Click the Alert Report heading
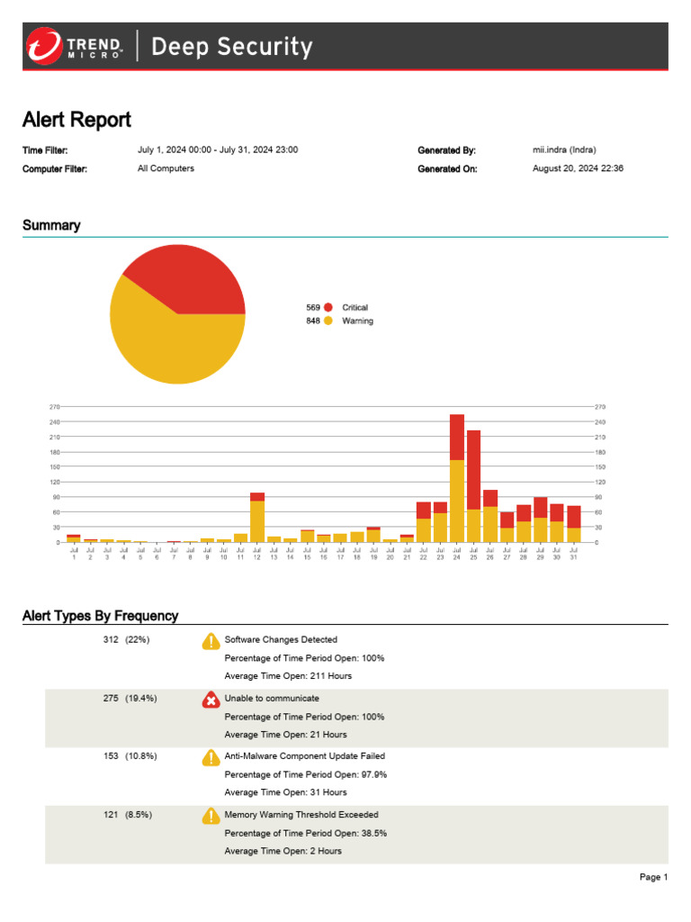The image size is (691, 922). tap(76, 120)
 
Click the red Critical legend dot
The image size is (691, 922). tap(328, 308)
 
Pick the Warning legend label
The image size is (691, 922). tap(357, 321)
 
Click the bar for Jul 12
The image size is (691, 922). tap(257, 518)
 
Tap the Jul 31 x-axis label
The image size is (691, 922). tap(573, 555)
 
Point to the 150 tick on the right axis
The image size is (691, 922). tap(599, 466)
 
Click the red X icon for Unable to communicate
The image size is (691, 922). tap(211, 700)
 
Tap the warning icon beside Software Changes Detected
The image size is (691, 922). tap(211, 641)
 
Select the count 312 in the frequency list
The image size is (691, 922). tap(111, 640)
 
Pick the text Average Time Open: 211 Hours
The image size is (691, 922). tap(288, 676)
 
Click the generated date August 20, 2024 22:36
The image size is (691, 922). tap(579, 168)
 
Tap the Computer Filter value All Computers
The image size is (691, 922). tap(166, 168)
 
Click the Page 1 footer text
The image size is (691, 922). tap(653, 877)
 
